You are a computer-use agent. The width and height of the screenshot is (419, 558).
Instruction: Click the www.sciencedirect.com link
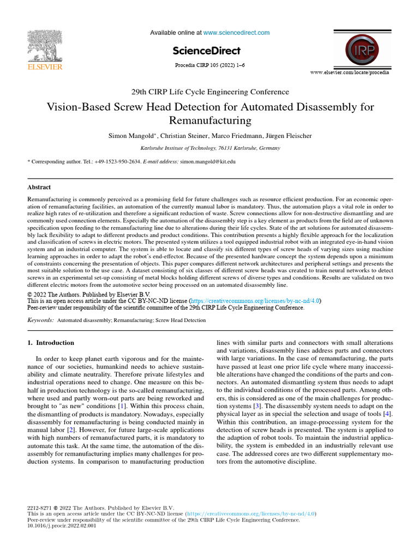(x=236, y=33)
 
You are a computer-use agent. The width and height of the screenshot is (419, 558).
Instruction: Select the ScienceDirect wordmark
(x=206, y=51)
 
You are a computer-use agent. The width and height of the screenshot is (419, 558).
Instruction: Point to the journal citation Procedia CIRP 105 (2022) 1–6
(x=209, y=65)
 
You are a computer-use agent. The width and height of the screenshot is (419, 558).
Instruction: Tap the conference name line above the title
(x=210, y=92)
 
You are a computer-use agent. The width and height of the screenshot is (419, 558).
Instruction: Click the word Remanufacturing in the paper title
(x=210, y=120)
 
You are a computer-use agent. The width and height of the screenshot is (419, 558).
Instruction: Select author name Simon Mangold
(x=130, y=135)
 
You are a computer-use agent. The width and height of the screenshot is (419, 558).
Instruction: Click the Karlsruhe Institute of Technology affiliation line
(x=210, y=148)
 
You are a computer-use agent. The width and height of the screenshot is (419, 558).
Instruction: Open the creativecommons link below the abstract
(x=255, y=300)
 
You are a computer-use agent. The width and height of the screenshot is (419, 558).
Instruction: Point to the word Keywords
(x=40, y=320)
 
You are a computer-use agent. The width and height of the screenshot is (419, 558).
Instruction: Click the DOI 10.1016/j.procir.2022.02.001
(x=62, y=526)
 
